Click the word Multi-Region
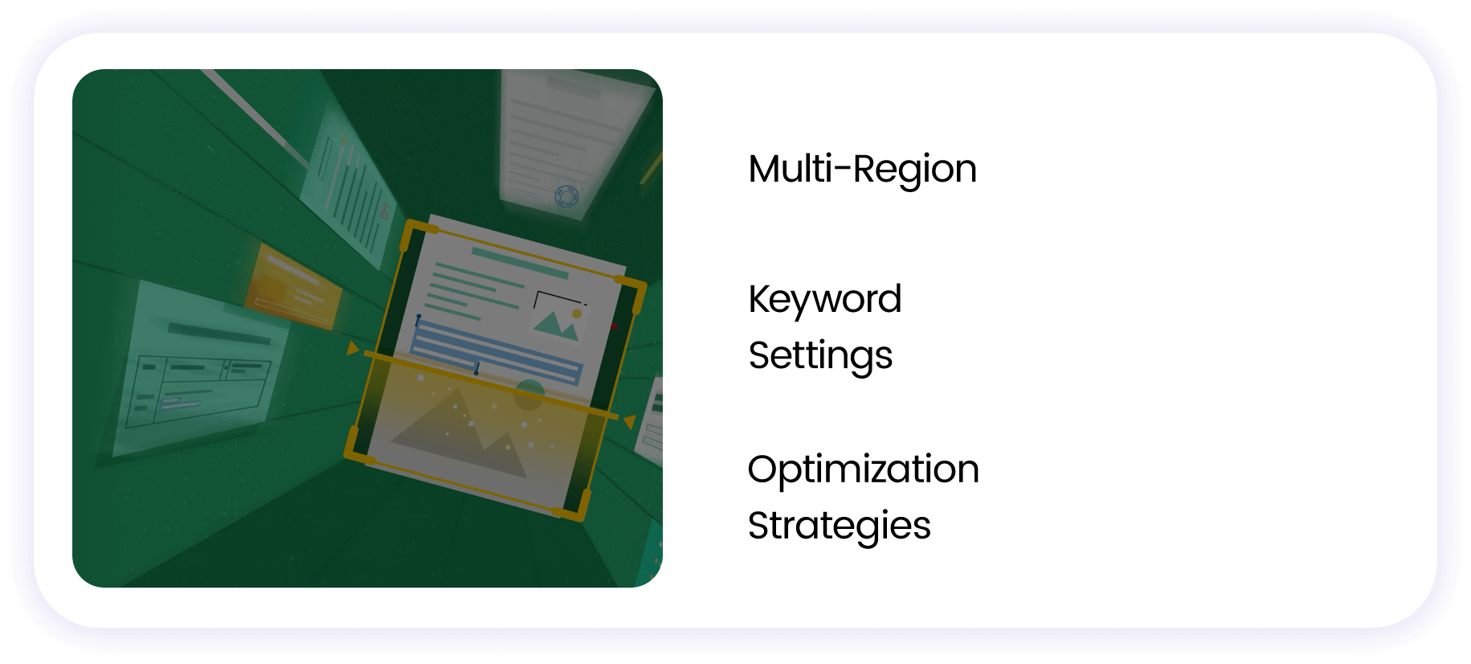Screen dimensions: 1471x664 coord(862,170)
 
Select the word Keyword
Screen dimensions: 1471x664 coord(824,299)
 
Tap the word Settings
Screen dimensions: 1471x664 coord(820,355)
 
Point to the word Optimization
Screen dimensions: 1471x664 coord(863,469)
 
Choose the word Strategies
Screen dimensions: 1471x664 coord(839,526)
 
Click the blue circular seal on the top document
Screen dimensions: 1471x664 coord(566,195)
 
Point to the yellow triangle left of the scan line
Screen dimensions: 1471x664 coord(352,349)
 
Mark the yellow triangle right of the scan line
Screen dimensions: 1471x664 coord(630,421)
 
